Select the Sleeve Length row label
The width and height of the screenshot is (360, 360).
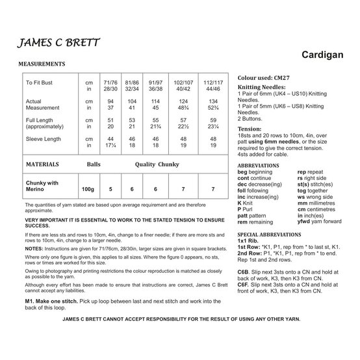point(44,138)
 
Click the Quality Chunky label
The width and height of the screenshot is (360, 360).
point(156,165)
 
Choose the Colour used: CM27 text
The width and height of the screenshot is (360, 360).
point(262,77)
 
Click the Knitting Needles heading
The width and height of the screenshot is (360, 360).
point(261,86)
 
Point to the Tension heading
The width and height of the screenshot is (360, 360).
point(251,128)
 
